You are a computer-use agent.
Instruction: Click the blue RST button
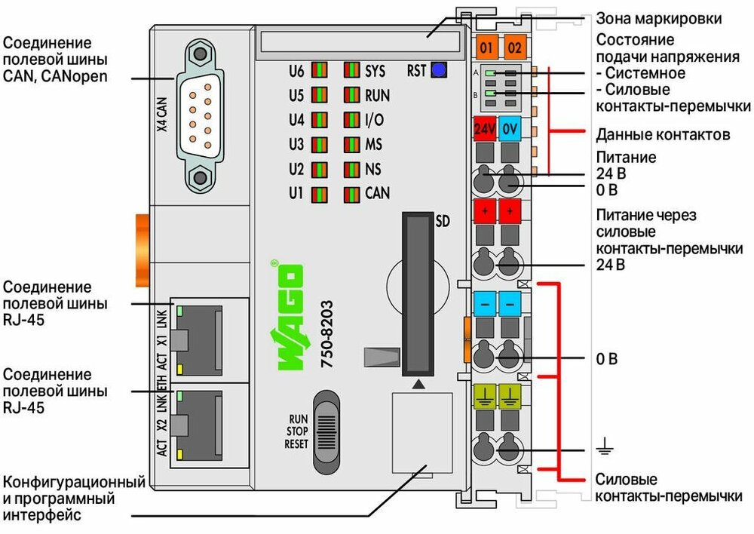pos(439,70)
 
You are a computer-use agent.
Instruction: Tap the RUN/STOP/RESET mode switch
pos(326,432)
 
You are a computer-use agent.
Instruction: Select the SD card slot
pos(418,294)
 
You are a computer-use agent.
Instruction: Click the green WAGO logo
pos(288,315)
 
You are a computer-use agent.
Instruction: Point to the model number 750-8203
pos(327,334)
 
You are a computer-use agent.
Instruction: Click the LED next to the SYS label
pos(352,70)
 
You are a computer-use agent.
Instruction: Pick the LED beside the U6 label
pos(319,70)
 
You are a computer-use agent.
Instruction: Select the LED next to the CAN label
pos(352,194)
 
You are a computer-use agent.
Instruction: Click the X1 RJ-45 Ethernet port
pos(199,340)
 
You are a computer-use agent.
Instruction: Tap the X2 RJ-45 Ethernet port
pos(199,425)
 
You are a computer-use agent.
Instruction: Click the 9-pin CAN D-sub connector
pos(200,116)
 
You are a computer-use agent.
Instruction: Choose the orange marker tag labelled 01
pos(486,48)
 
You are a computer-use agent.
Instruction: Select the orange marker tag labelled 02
pos(514,48)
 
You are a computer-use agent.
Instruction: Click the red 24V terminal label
pos(485,128)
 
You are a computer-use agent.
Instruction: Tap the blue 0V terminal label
pos(510,128)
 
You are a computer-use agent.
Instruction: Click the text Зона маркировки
pos(659,19)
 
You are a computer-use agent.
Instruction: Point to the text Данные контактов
pos(663,135)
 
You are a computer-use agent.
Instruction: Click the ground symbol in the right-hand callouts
pos(605,448)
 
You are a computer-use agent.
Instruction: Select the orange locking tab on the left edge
pos(143,250)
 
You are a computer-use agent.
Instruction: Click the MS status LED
pos(352,144)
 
